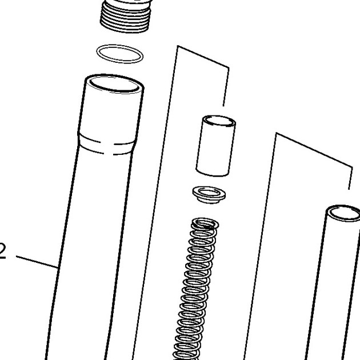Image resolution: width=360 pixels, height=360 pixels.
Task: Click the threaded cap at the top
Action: coord(126,16)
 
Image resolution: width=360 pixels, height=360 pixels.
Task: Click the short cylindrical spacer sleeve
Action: coord(216,146)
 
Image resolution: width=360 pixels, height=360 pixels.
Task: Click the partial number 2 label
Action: coord(2,252)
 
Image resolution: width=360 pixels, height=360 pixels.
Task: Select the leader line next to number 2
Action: coord(37,262)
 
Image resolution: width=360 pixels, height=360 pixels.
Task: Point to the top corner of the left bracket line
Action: coord(178,46)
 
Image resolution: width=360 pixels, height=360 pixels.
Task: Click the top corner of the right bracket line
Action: coord(276,133)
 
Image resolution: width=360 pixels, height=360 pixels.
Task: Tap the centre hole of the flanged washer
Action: coord(209,192)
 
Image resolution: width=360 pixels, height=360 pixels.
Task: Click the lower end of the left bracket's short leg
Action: coord(223,106)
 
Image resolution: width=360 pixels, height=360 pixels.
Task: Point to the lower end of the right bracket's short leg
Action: coord(349,189)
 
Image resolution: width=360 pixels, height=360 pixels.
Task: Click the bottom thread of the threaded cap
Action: coord(124,30)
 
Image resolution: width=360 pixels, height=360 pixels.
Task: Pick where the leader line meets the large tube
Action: coord(58,267)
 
